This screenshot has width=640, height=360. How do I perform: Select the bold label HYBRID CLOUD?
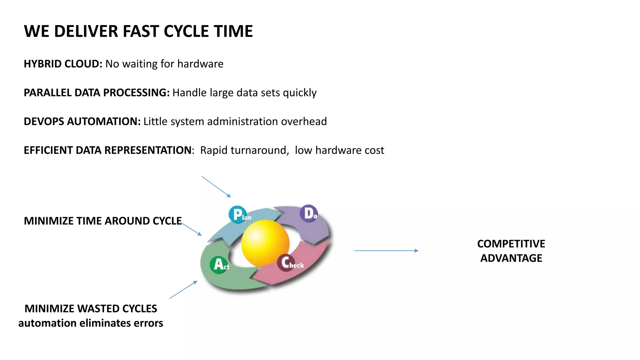(63, 64)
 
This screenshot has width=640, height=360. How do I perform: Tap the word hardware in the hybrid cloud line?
(200, 64)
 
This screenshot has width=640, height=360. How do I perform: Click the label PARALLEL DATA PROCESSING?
(97, 93)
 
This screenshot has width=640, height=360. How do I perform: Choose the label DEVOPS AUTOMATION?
(82, 122)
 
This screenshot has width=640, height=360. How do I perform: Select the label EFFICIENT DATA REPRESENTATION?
(107, 150)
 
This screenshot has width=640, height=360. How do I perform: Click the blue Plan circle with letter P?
(237, 214)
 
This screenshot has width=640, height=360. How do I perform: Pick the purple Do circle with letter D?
(309, 213)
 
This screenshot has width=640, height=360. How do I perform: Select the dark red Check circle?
(286, 262)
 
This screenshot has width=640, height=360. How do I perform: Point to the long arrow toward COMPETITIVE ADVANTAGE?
(386, 251)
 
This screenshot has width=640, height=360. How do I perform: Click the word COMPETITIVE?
(511, 244)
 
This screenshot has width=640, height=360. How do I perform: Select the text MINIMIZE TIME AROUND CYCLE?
(102, 221)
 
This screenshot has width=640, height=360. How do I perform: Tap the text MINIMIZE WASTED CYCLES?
(91, 309)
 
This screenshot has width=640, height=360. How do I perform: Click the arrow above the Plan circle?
(216, 187)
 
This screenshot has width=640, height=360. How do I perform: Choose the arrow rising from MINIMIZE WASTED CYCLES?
(183, 290)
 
